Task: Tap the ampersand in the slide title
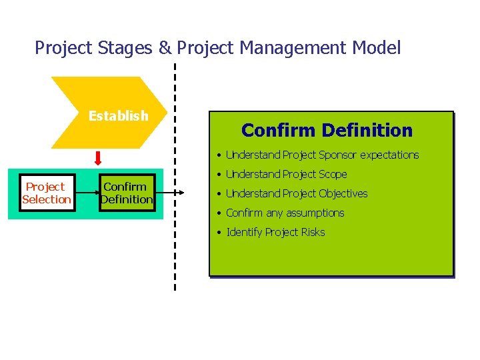pos(163,48)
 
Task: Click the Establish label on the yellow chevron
pos(118,116)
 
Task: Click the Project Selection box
pos(47,193)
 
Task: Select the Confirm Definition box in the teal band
pos(127,193)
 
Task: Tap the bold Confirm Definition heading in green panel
pos(327,130)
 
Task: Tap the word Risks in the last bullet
pos(312,233)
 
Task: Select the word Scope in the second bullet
pos(333,175)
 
